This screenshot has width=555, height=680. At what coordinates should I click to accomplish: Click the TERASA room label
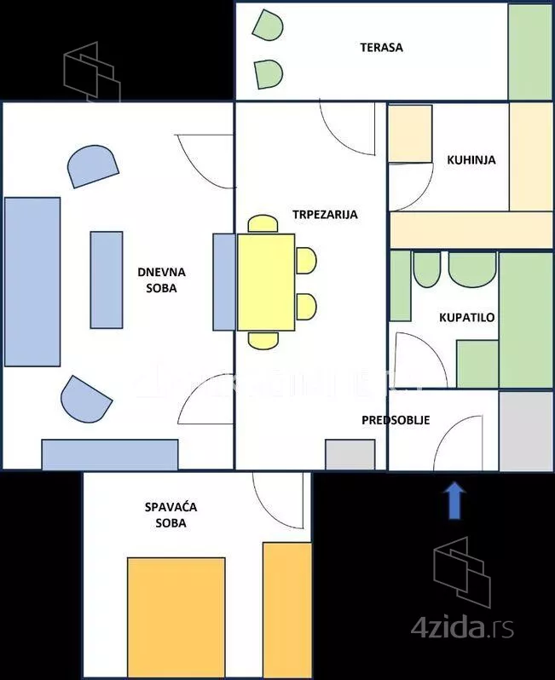point(381,48)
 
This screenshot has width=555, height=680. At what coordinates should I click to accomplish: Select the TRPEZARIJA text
point(324,215)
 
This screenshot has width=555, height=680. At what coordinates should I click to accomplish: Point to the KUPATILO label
point(466,318)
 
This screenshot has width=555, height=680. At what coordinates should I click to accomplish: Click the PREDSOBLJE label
point(396,420)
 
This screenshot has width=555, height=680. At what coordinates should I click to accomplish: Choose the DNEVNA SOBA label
point(161,280)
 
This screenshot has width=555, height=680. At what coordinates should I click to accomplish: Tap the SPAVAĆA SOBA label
point(171,515)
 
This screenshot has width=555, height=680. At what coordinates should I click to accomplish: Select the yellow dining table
point(266,282)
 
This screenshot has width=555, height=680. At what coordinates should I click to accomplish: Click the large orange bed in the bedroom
point(176,614)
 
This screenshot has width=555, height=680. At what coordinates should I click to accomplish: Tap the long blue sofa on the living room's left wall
point(32,281)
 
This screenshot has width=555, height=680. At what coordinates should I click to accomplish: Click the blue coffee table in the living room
point(107,279)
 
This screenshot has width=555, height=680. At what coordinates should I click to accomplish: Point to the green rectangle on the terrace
point(530,51)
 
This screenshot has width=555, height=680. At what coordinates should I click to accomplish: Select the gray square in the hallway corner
point(525,430)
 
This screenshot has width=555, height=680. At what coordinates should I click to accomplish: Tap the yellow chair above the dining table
point(263,224)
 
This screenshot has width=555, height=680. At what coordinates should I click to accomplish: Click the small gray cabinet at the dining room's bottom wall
point(350,454)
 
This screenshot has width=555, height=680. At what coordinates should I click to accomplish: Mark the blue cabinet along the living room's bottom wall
point(110,454)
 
